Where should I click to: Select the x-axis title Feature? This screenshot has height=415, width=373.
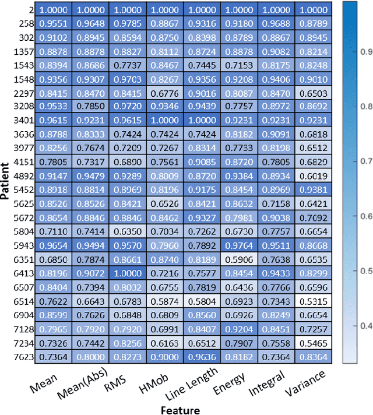180,409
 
